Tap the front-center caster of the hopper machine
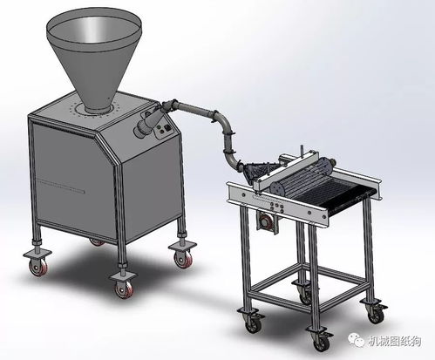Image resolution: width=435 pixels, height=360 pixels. (123, 283)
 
